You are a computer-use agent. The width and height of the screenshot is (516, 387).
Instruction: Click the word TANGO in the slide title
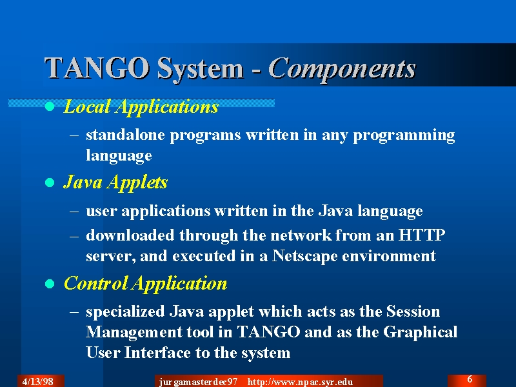(x=97, y=68)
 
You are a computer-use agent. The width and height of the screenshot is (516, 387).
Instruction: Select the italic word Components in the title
(x=342, y=69)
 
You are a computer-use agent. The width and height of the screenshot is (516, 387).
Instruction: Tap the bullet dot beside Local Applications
(x=50, y=106)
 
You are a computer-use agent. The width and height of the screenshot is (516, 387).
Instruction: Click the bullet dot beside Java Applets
(x=50, y=183)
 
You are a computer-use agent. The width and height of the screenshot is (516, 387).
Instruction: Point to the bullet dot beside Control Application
(x=50, y=284)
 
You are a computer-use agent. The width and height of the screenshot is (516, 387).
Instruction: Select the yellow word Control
(x=95, y=283)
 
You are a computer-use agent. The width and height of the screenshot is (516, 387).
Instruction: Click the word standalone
(x=125, y=135)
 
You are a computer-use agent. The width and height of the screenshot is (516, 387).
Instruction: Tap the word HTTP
(x=422, y=235)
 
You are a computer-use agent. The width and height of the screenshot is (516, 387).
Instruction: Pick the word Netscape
(x=304, y=256)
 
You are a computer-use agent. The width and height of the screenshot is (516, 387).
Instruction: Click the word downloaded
(x=130, y=235)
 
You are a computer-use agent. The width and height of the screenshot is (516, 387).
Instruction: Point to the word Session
(x=413, y=312)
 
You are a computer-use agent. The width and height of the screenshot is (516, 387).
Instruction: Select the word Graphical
(x=421, y=332)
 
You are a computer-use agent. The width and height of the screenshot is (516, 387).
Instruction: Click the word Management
(x=134, y=332)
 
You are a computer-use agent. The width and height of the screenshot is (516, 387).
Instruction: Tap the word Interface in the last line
(x=157, y=353)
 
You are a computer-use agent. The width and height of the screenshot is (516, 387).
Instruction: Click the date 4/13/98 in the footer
(x=38, y=381)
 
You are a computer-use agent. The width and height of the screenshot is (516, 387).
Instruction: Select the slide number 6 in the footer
(x=470, y=379)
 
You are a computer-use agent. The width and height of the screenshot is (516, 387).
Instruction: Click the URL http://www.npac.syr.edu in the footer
(x=300, y=382)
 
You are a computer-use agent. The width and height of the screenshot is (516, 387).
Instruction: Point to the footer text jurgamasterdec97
(x=198, y=382)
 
